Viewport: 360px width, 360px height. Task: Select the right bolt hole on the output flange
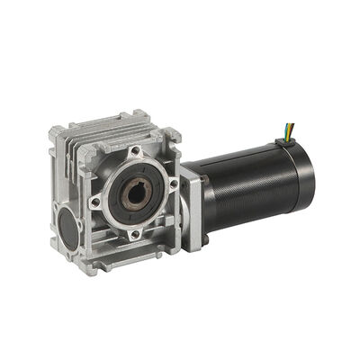[174, 184]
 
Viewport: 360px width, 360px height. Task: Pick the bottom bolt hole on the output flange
[134, 233]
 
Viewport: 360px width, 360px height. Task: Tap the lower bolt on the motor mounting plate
[205, 238]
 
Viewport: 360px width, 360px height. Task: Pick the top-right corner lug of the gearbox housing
[170, 135]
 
